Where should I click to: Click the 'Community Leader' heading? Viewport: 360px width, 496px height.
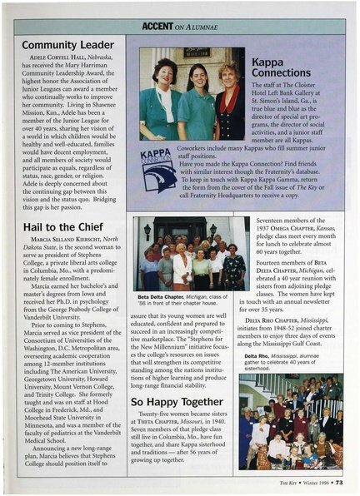pos(67,44)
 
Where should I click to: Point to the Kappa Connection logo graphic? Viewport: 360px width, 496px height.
pos(158,169)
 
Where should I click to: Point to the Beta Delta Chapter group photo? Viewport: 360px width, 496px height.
pos(189,253)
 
